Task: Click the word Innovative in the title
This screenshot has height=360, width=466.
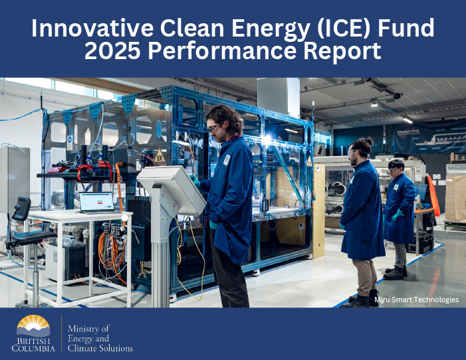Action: pyautogui.click(x=92, y=28)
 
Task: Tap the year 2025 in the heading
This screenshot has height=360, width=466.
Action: pyautogui.click(x=112, y=50)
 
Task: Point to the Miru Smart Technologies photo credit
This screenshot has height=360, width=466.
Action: pyautogui.click(x=416, y=300)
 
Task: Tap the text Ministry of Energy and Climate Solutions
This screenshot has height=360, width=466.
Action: pyautogui.click(x=100, y=338)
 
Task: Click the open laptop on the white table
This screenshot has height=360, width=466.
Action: pyautogui.click(x=97, y=203)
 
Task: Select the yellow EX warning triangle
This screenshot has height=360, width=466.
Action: pyautogui.click(x=160, y=155)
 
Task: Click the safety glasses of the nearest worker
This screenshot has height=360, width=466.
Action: pyautogui.click(x=215, y=127)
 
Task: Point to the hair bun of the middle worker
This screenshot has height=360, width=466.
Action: pyautogui.click(x=369, y=140)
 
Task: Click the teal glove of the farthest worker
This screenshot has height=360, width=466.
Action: pyautogui.click(x=397, y=215)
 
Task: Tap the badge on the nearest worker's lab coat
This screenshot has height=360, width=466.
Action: pyautogui.click(x=227, y=160)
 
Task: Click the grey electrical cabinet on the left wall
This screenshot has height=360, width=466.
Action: pyautogui.click(x=14, y=179)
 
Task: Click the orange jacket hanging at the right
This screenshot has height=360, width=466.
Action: pyautogui.click(x=433, y=195)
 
